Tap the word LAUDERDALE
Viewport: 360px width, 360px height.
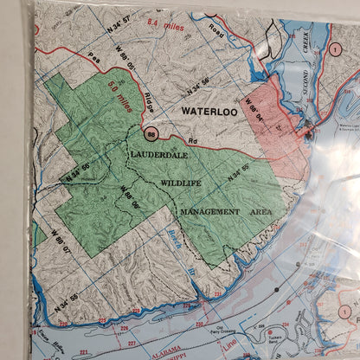[158, 156]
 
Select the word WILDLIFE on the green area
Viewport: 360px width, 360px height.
[180, 183]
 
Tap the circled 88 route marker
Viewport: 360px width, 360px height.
[151, 134]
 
